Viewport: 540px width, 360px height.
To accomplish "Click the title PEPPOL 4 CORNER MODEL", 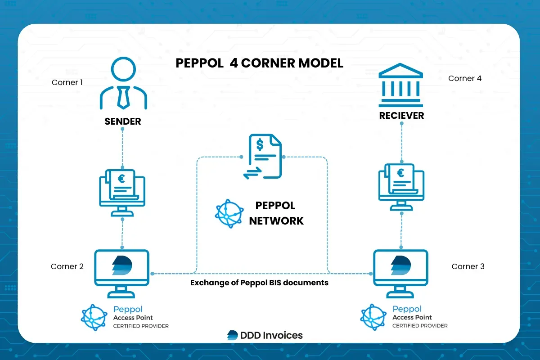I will coord(259,63).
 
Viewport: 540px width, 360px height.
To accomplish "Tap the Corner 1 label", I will coord(67,82).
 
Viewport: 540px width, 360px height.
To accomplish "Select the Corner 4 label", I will coord(465,78).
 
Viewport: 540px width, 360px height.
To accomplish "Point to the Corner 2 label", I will coord(67,266).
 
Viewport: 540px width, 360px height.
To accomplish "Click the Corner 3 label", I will coord(468,266).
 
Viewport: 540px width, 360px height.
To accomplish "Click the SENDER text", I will coord(122,121).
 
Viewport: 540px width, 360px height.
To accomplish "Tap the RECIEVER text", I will coord(401,116).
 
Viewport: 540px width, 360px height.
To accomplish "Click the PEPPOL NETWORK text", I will coord(276,213).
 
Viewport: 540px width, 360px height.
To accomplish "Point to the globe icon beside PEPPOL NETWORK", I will coord(229,213).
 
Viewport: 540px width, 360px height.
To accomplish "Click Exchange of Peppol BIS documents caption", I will coord(259,283).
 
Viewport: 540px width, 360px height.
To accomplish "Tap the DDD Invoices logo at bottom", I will coord(265,335).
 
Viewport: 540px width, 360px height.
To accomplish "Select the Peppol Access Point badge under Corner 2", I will coord(125,317).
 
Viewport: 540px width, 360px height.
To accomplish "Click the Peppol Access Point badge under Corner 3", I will coord(404,317).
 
